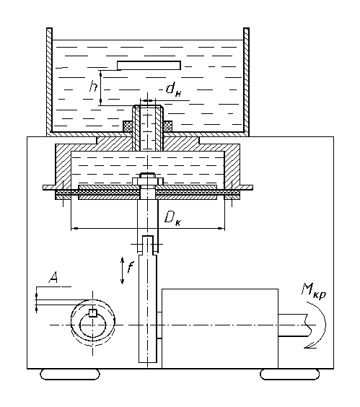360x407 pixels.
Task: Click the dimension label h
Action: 93,86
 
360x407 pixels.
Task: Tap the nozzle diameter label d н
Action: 174,89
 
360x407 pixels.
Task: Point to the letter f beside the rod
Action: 131,267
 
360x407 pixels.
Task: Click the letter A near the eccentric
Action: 53,277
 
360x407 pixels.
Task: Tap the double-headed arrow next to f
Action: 122,271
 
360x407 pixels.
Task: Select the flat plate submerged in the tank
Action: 149,66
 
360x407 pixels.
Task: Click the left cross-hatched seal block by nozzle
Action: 128,126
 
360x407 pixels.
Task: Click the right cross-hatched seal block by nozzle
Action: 167,126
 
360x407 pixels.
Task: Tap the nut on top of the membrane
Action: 148,179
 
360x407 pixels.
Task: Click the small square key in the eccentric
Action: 92,313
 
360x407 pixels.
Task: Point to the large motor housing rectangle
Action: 220,328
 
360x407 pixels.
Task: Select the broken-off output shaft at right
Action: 294,325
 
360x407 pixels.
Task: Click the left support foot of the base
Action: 70,375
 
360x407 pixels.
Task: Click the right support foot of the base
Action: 290,375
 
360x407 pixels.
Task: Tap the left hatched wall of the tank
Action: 49,82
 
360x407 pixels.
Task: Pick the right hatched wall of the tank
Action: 246,82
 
